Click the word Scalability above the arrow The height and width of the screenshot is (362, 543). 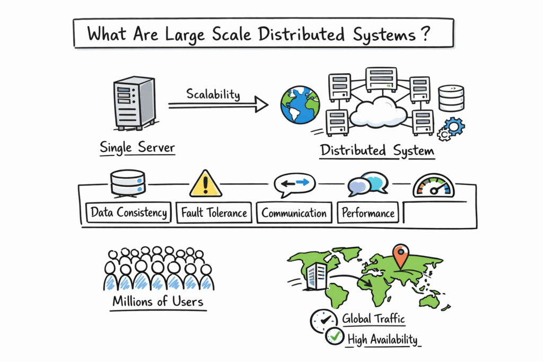pyautogui.click(x=213, y=94)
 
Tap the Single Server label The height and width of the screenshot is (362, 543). pyautogui.click(x=137, y=147)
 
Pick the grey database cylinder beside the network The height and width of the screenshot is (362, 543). pyautogui.click(x=451, y=98)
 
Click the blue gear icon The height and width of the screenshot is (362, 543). pyautogui.click(x=454, y=127)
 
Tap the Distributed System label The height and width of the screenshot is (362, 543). pyautogui.click(x=377, y=151)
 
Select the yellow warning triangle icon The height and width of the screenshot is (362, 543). pyautogui.click(x=206, y=183)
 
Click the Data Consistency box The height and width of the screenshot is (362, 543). pyautogui.click(x=129, y=213)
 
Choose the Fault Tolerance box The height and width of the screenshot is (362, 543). pyautogui.click(x=214, y=213)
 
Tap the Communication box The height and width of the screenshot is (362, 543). pyautogui.click(x=294, y=213)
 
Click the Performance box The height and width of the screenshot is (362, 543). pyautogui.click(x=368, y=213)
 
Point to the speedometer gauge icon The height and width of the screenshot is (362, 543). pyautogui.click(x=434, y=186)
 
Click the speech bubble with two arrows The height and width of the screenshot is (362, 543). pyautogui.click(x=294, y=183)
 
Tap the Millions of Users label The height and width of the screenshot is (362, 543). pyautogui.click(x=157, y=302)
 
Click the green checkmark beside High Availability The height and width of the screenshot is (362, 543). pyautogui.click(x=334, y=337)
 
